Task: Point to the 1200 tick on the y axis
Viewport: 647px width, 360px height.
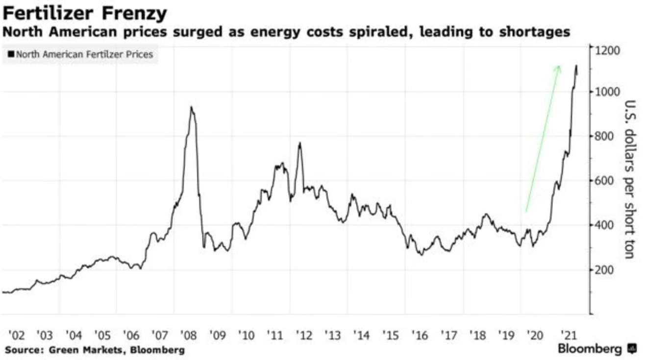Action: [608, 50]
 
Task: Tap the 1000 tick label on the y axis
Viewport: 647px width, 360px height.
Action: [608, 92]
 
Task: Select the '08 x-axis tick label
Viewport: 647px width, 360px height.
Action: [189, 336]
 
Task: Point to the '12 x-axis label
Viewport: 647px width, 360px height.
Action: [304, 336]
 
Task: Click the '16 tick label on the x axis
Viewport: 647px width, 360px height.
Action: [420, 336]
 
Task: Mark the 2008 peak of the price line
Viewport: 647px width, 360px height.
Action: [192, 107]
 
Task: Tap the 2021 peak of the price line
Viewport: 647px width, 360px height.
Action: [576, 65]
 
